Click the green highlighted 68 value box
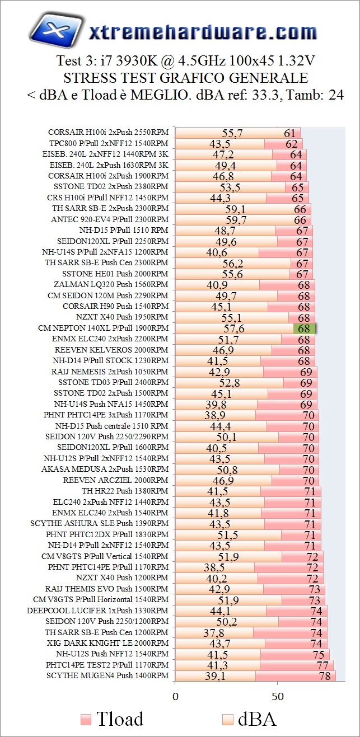(305, 328)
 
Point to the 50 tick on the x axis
(278, 697)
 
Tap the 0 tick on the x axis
(175, 697)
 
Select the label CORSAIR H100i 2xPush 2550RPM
(107, 133)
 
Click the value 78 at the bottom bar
(324, 676)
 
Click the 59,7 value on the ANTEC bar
(236, 220)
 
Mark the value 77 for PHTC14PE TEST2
(322, 665)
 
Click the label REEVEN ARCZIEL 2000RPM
(115, 480)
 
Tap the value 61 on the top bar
(289, 133)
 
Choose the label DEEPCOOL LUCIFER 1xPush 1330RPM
(97, 611)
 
